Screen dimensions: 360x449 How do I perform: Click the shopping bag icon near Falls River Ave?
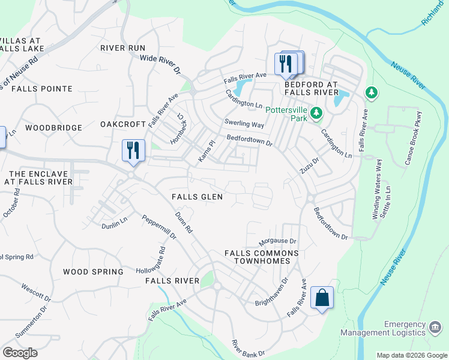(x=322, y=298)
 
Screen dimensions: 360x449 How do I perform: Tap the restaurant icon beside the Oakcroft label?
(x=133, y=150)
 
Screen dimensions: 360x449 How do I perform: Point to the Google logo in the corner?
(x=20, y=353)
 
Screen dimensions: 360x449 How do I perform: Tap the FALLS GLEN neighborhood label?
(x=197, y=197)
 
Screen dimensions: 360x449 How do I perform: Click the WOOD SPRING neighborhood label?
(x=93, y=272)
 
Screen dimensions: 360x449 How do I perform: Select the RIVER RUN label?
(x=122, y=47)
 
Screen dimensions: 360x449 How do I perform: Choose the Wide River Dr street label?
(x=160, y=64)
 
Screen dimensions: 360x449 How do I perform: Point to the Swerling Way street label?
(x=244, y=124)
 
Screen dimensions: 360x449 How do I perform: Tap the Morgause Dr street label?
(x=277, y=242)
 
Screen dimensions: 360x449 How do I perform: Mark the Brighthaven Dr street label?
(x=271, y=292)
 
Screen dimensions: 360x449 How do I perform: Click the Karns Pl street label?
(x=206, y=152)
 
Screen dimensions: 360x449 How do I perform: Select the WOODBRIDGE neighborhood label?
(x=53, y=128)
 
